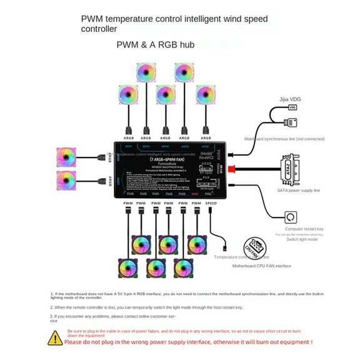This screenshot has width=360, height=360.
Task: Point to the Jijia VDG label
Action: coord(291,99)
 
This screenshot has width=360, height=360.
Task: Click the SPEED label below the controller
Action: coord(211,203)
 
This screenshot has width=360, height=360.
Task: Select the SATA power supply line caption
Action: coord(298,190)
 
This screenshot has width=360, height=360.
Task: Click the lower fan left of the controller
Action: coord(67,181)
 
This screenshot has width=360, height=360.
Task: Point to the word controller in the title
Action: coord(99,29)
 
